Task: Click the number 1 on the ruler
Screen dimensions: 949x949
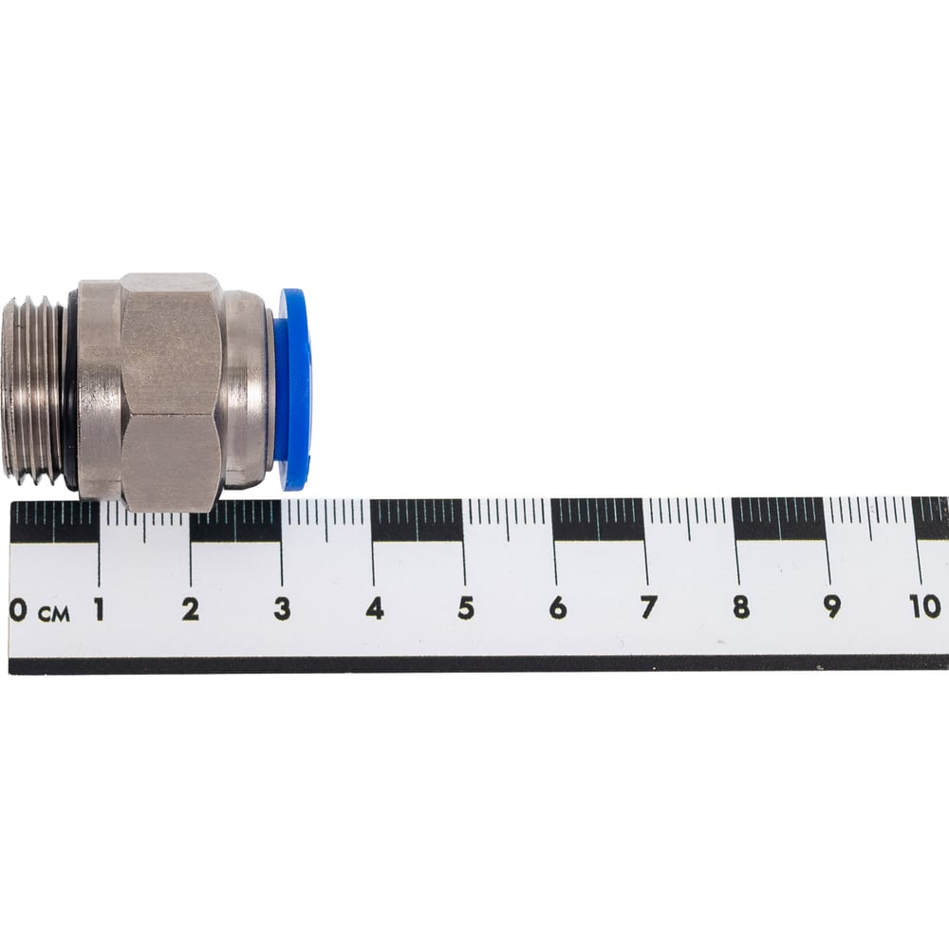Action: tap(99, 609)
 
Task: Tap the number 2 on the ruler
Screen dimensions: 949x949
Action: tap(191, 609)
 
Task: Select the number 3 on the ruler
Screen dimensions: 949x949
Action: tap(282, 609)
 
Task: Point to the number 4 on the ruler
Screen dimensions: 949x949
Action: tap(375, 608)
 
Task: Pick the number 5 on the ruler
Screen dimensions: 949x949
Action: tap(466, 608)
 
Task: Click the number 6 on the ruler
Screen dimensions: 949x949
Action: tap(557, 607)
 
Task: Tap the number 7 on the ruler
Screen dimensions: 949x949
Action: tap(649, 607)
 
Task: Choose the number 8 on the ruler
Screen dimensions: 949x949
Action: tap(741, 607)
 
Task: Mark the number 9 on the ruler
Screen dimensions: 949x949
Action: tap(833, 606)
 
